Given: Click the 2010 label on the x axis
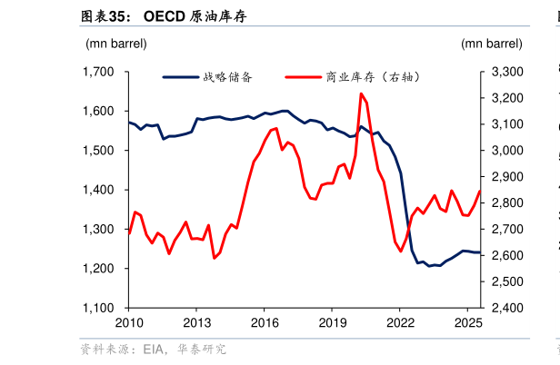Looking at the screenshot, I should point(128,322).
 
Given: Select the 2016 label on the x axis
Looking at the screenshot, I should point(264,322).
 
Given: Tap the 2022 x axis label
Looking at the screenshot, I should point(400,322).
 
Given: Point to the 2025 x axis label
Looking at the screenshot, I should point(467,322).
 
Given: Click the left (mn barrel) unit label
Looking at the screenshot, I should point(116,43).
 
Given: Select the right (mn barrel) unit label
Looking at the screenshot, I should point(492,43).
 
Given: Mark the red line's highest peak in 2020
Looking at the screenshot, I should point(361,94).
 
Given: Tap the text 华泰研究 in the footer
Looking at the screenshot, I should point(202,349).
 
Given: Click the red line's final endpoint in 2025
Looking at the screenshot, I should point(480,191).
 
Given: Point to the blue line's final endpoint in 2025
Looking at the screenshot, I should point(480,252).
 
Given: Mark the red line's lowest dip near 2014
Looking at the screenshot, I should point(214,258).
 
